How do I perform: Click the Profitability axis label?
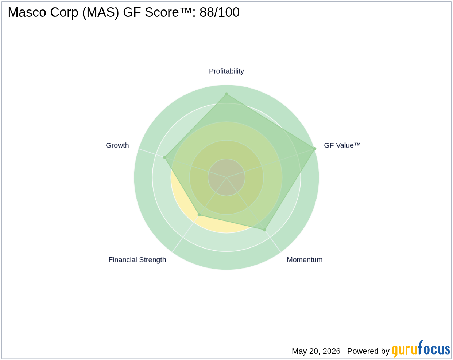(226, 71)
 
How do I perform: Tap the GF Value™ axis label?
(342, 145)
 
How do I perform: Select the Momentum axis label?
(305, 260)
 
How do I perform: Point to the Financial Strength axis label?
(137, 260)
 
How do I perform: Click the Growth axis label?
(117, 145)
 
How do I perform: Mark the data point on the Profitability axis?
(226, 94)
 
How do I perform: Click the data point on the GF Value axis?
(314, 149)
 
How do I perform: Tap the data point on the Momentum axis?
(264, 230)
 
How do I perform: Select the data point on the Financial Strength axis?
(199, 215)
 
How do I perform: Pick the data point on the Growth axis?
(165, 157)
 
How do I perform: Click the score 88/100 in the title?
(219, 12)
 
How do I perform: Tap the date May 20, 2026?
(316, 351)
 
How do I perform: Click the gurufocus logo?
(421, 349)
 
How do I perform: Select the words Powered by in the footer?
(368, 351)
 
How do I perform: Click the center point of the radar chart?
(226, 177)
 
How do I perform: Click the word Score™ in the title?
(168, 12)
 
